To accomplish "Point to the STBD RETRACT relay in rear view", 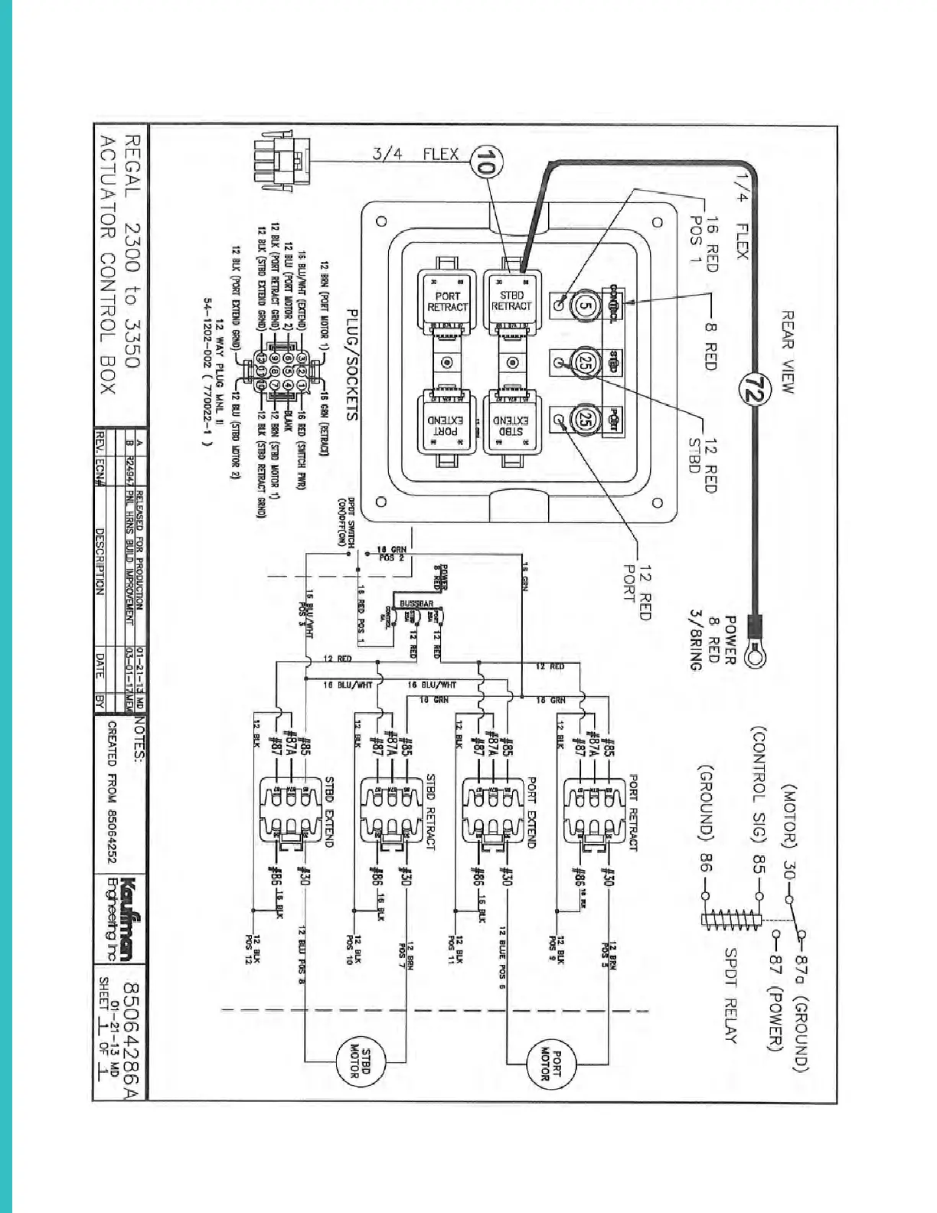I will (511, 301).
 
